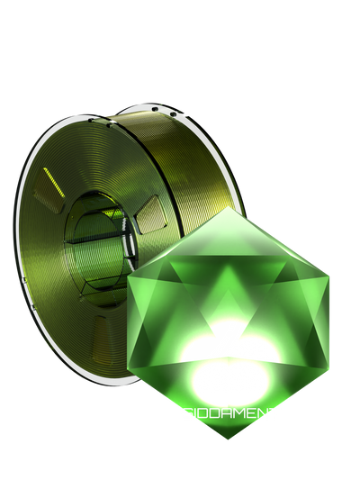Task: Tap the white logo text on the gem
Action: point(229,415)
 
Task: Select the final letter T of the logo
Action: point(274,415)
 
